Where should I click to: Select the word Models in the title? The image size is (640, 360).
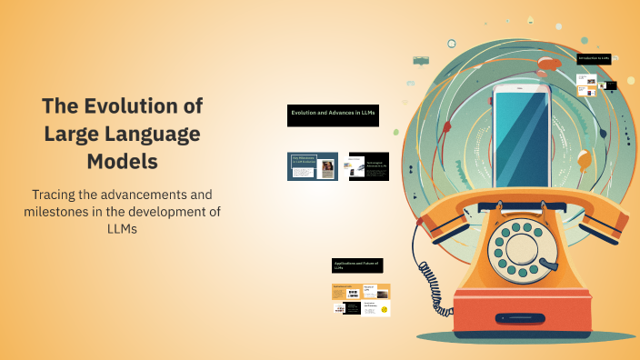tap(122, 162)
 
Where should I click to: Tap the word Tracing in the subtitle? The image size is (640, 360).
tap(58, 195)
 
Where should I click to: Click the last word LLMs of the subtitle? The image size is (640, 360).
tap(122, 229)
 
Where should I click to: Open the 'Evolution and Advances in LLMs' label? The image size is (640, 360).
tap(333, 113)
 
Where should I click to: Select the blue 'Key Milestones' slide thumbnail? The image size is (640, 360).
tap(312, 165)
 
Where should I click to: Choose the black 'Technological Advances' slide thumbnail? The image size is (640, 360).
tap(368, 165)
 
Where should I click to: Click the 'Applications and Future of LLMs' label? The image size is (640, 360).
tap(357, 265)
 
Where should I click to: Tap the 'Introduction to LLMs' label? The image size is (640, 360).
tap(594, 58)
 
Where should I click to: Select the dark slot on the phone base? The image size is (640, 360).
tap(531, 319)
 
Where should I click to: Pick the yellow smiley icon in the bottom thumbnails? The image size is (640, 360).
tap(385, 310)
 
